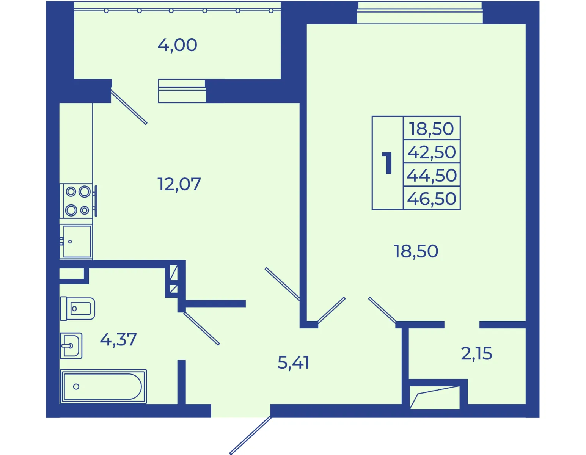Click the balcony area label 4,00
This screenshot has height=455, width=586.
pos(177,45)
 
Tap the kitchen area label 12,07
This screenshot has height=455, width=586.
pos(179,184)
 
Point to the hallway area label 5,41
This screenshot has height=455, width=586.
pos(293,362)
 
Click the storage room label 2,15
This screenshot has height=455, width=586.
pos(476,353)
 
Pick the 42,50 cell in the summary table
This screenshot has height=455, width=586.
pos(432,152)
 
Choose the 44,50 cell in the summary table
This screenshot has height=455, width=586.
pos(432,175)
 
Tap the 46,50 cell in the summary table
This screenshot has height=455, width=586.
pos(432,198)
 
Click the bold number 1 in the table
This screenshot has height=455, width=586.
pos(387,163)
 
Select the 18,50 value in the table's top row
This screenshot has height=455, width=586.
pos(432,128)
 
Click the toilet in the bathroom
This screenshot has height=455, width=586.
pos(77,309)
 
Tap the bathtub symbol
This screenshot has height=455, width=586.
pos(103,386)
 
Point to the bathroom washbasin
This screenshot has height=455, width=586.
pos(71,345)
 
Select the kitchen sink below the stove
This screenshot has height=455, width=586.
pos(77,242)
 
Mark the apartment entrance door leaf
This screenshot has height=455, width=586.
pos(251,435)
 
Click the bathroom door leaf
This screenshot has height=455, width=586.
pos(201,328)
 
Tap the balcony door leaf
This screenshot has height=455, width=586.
pos(129,107)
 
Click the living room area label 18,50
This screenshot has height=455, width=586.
pos(416,251)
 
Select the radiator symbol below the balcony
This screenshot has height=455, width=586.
pos(182,91)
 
